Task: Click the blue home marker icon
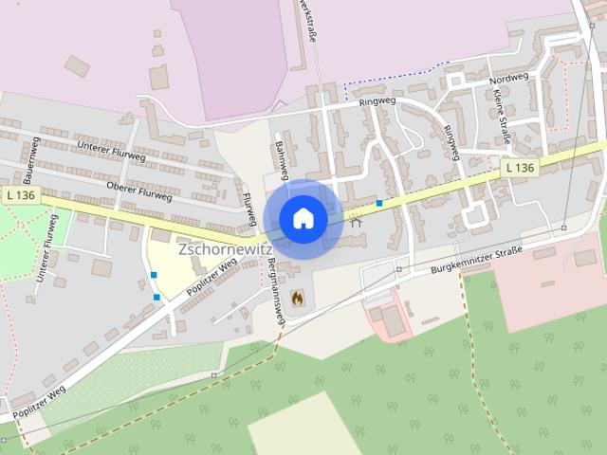pyautogui.click(x=303, y=219)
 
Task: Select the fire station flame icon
pyautogui.click(x=297, y=298)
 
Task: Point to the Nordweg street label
pyautogui.click(x=508, y=80)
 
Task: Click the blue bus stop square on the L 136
pyautogui.click(x=379, y=203)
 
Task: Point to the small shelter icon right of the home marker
pyautogui.click(x=356, y=223)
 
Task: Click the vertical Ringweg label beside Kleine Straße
pyautogui.click(x=451, y=139)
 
